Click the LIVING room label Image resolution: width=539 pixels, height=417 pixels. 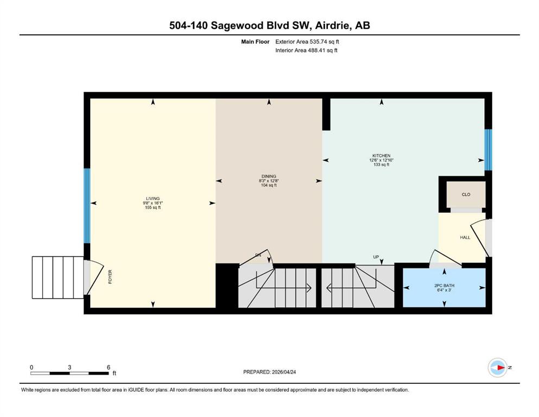coord(153,198)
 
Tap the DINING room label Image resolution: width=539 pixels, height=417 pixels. coord(269,176)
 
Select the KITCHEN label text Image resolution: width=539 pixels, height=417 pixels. coord(382,156)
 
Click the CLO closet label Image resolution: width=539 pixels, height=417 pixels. coord(466,194)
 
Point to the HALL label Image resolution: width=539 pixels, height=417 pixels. coord(465,237)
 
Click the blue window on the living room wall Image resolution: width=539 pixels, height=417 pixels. coord(86,206)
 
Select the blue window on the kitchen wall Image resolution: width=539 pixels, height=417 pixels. coord(488,149)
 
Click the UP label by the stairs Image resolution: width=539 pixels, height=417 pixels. coord(376,257)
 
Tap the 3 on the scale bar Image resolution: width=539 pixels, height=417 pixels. coord(69,367)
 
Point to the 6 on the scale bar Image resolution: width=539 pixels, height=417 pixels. coord(109,367)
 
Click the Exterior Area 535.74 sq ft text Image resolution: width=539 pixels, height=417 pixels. coord(308,41)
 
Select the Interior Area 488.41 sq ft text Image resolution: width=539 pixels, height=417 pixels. coord(307,50)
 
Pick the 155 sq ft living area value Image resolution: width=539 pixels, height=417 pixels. coord(153,208)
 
